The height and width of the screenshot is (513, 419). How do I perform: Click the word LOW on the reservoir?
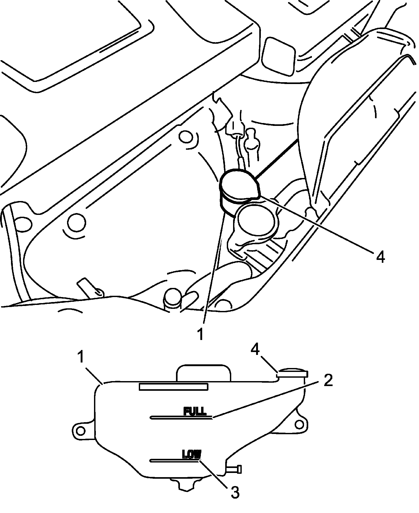[x=191, y=454]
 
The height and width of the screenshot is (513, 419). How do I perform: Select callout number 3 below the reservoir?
[x=235, y=492]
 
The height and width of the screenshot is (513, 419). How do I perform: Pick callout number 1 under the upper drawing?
[x=201, y=334]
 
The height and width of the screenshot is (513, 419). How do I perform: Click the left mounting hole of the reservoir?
[x=81, y=430]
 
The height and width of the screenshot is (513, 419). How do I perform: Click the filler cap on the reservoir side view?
[x=293, y=373]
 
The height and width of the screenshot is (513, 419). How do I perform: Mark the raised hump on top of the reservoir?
[x=204, y=372]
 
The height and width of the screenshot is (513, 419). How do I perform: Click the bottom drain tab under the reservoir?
[x=186, y=484]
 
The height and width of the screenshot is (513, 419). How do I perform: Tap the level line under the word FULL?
[x=181, y=418]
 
